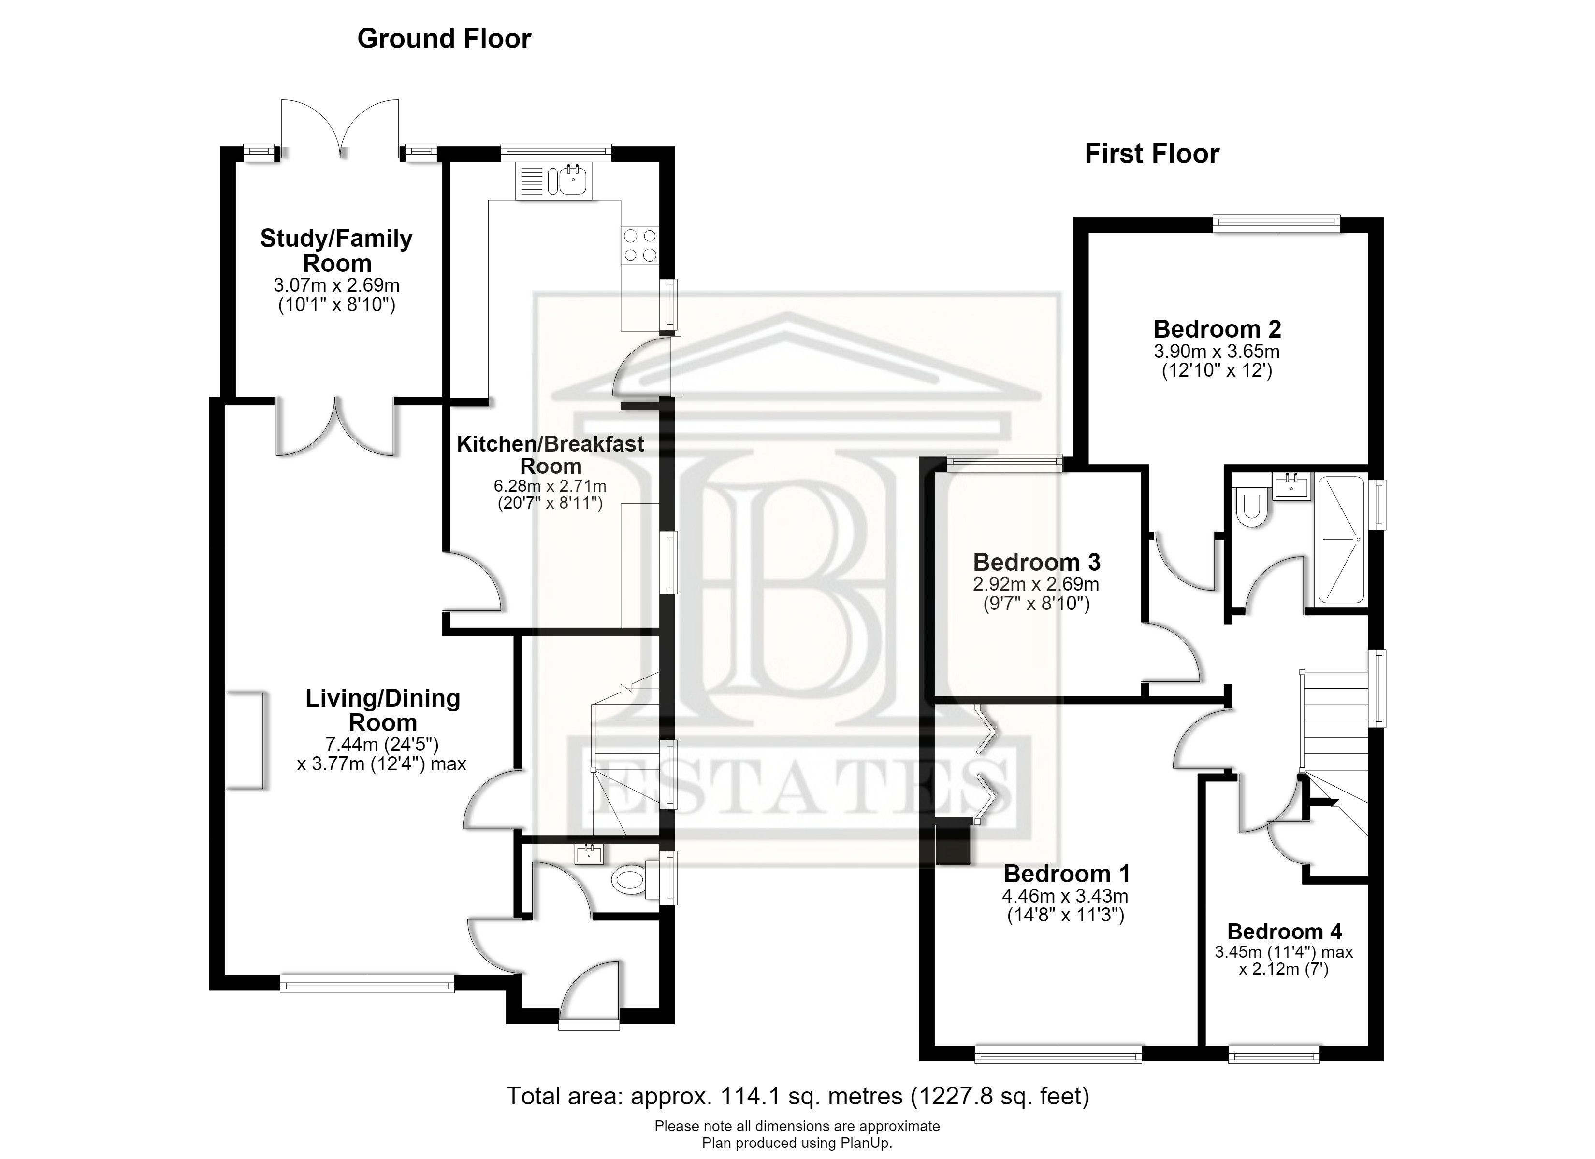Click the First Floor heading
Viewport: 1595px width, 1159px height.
point(1152,153)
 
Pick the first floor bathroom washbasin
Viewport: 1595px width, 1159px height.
point(1292,486)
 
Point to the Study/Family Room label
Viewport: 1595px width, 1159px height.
point(336,251)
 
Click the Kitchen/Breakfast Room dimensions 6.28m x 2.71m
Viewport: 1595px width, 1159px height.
point(550,486)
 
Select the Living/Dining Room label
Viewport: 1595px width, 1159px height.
point(383,710)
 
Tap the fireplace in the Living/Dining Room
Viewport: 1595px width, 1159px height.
point(244,740)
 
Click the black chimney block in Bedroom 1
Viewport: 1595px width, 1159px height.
point(954,843)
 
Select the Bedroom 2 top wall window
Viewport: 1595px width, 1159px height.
point(1276,224)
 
